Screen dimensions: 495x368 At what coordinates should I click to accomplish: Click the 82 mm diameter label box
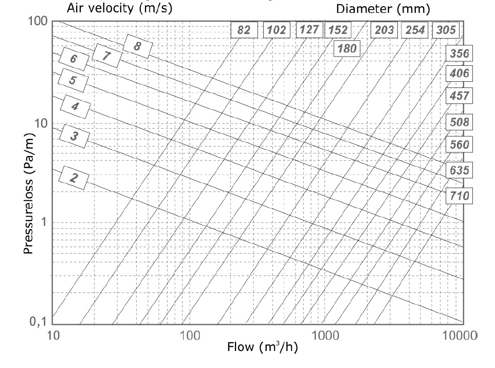(x=244, y=30)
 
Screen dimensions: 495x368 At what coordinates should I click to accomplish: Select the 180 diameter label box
(x=347, y=49)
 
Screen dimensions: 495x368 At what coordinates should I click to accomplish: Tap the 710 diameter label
(x=460, y=196)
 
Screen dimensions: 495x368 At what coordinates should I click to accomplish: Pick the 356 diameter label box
(x=460, y=54)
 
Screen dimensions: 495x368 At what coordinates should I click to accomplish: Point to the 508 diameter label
(x=460, y=122)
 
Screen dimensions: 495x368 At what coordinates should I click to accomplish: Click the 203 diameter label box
(x=384, y=30)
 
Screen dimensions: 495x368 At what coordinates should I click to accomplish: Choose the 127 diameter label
(x=309, y=30)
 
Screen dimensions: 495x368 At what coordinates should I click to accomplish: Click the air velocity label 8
(x=137, y=46)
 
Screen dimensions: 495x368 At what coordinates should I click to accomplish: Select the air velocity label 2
(x=74, y=178)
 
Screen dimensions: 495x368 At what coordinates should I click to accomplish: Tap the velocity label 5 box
(x=73, y=80)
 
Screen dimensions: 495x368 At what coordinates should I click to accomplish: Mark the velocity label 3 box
(x=75, y=136)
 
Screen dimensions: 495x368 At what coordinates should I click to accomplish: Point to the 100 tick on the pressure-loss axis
(x=38, y=21)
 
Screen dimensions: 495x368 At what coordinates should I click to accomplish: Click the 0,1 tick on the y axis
(x=38, y=322)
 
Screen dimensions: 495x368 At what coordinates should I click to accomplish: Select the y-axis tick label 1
(x=44, y=222)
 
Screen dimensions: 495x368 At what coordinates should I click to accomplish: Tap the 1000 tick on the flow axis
(x=325, y=336)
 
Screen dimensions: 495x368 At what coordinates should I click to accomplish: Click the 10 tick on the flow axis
(x=53, y=336)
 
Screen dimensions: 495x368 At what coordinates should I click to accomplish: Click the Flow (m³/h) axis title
(x=263, y=347)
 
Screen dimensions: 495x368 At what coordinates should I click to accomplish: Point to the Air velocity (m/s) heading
(x=120, y=8)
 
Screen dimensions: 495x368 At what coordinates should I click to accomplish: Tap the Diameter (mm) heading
(x=383, y=9)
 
